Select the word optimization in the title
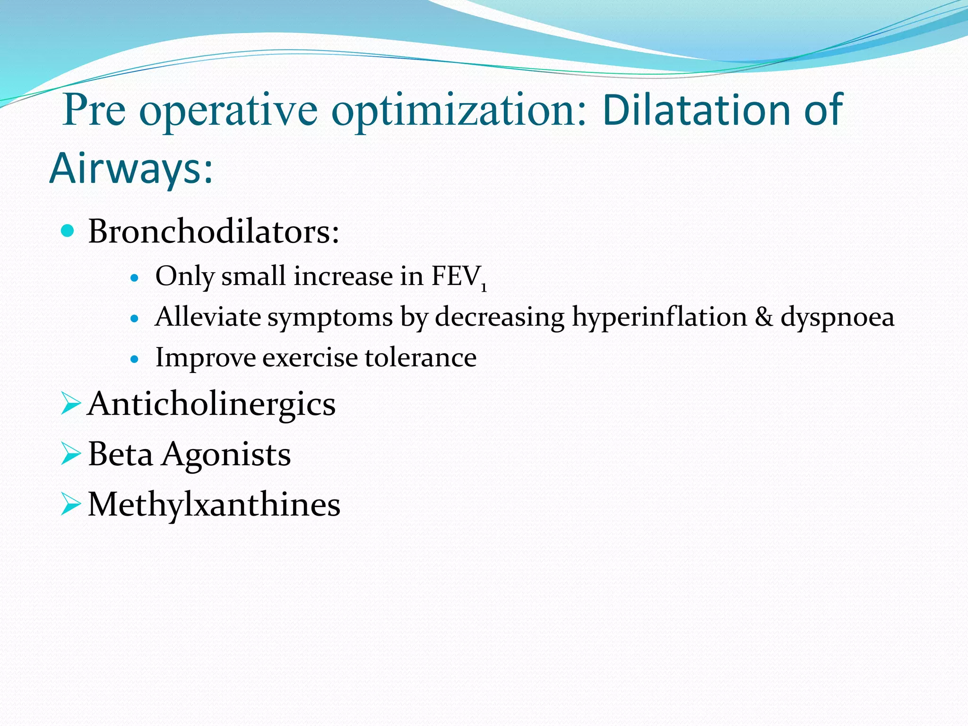[458, 111]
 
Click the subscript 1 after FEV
[484, 287]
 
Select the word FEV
[456, 276]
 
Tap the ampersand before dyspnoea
[763, 317]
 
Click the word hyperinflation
[659, 317]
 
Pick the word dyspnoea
[837, 317]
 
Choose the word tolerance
[421, 357]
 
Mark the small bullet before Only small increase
[135, 278]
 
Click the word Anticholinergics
[211, 404]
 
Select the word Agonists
[226, 454]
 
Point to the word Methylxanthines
[214, 504]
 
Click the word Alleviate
[207, 317]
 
